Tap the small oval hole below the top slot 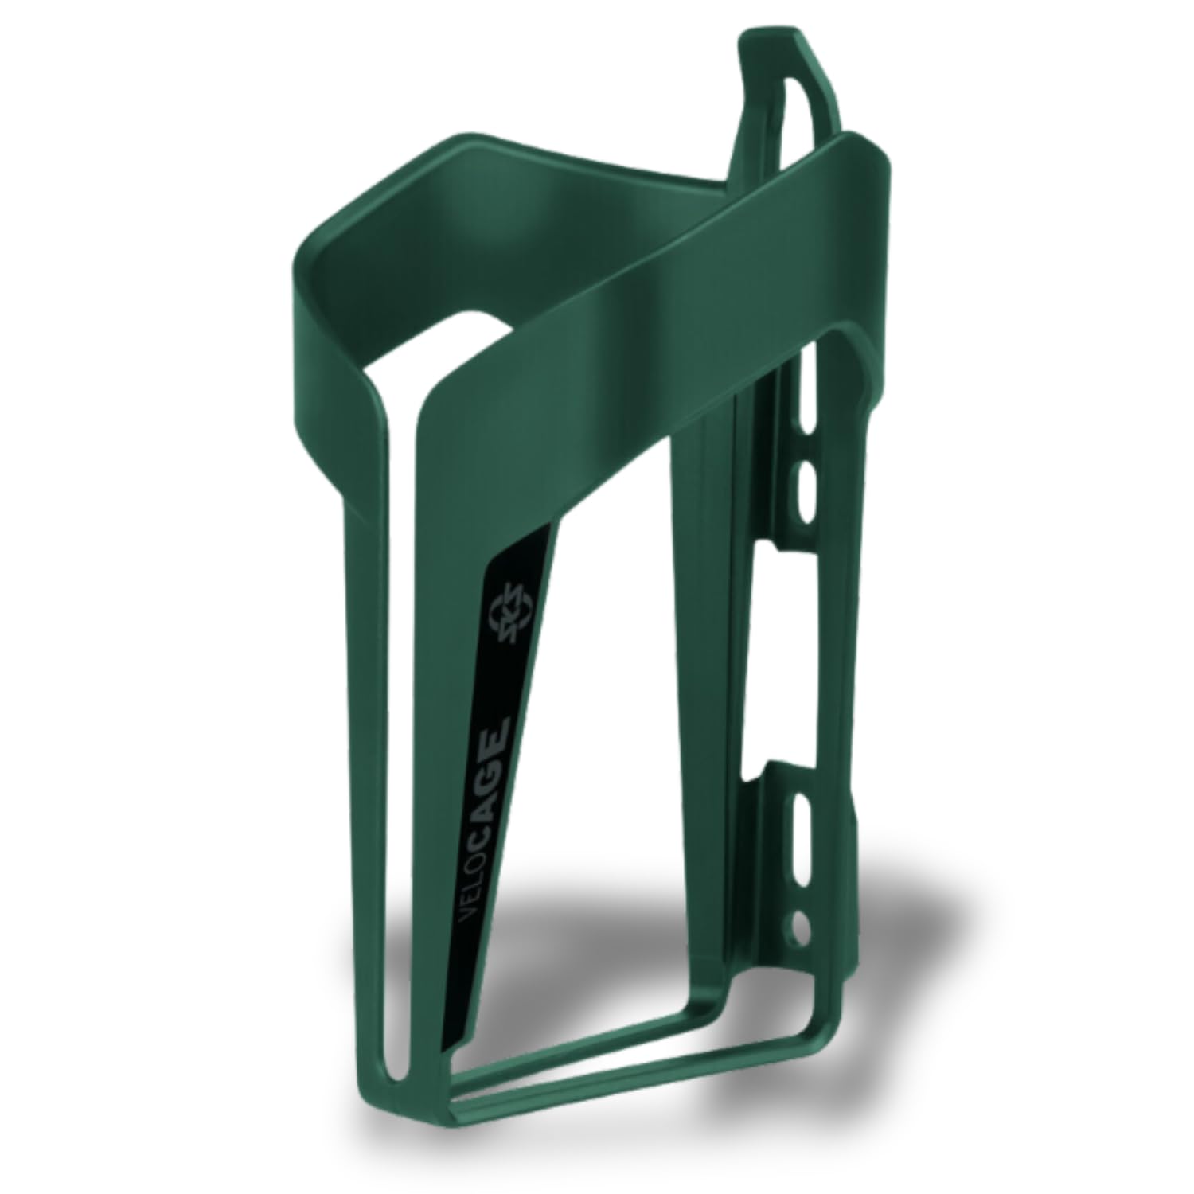pyautogui.click(x=806, y=482)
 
